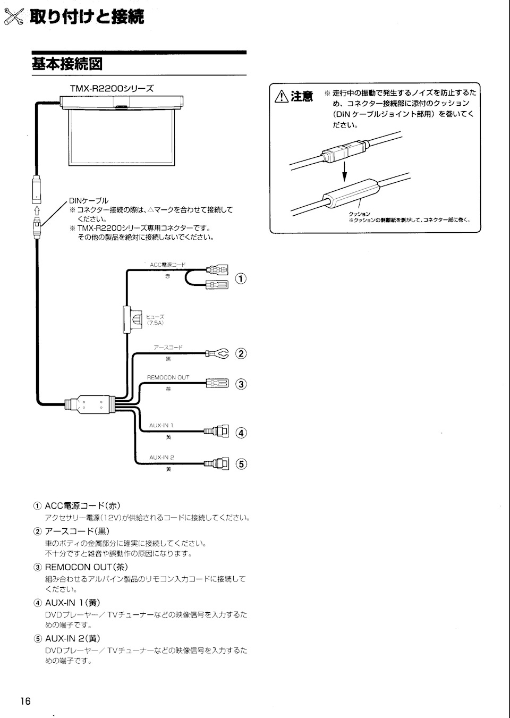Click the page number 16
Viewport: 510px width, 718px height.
25,701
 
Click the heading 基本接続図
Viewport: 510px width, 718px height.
67,64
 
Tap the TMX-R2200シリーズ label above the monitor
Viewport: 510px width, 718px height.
112,88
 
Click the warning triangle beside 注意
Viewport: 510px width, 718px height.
282,96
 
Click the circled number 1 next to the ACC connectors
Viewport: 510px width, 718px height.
241,278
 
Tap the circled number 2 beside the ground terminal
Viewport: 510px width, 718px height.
241,353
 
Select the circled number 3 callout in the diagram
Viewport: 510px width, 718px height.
241,384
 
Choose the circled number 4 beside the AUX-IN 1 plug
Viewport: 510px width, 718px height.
241,433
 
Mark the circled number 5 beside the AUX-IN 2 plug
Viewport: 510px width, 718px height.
241,464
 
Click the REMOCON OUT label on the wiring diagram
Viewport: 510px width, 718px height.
168,377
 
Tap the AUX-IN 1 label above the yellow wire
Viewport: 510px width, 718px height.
161,426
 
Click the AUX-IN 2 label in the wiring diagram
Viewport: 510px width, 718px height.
161,457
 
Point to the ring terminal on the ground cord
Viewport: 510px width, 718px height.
222,353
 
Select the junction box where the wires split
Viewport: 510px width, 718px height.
93,404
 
